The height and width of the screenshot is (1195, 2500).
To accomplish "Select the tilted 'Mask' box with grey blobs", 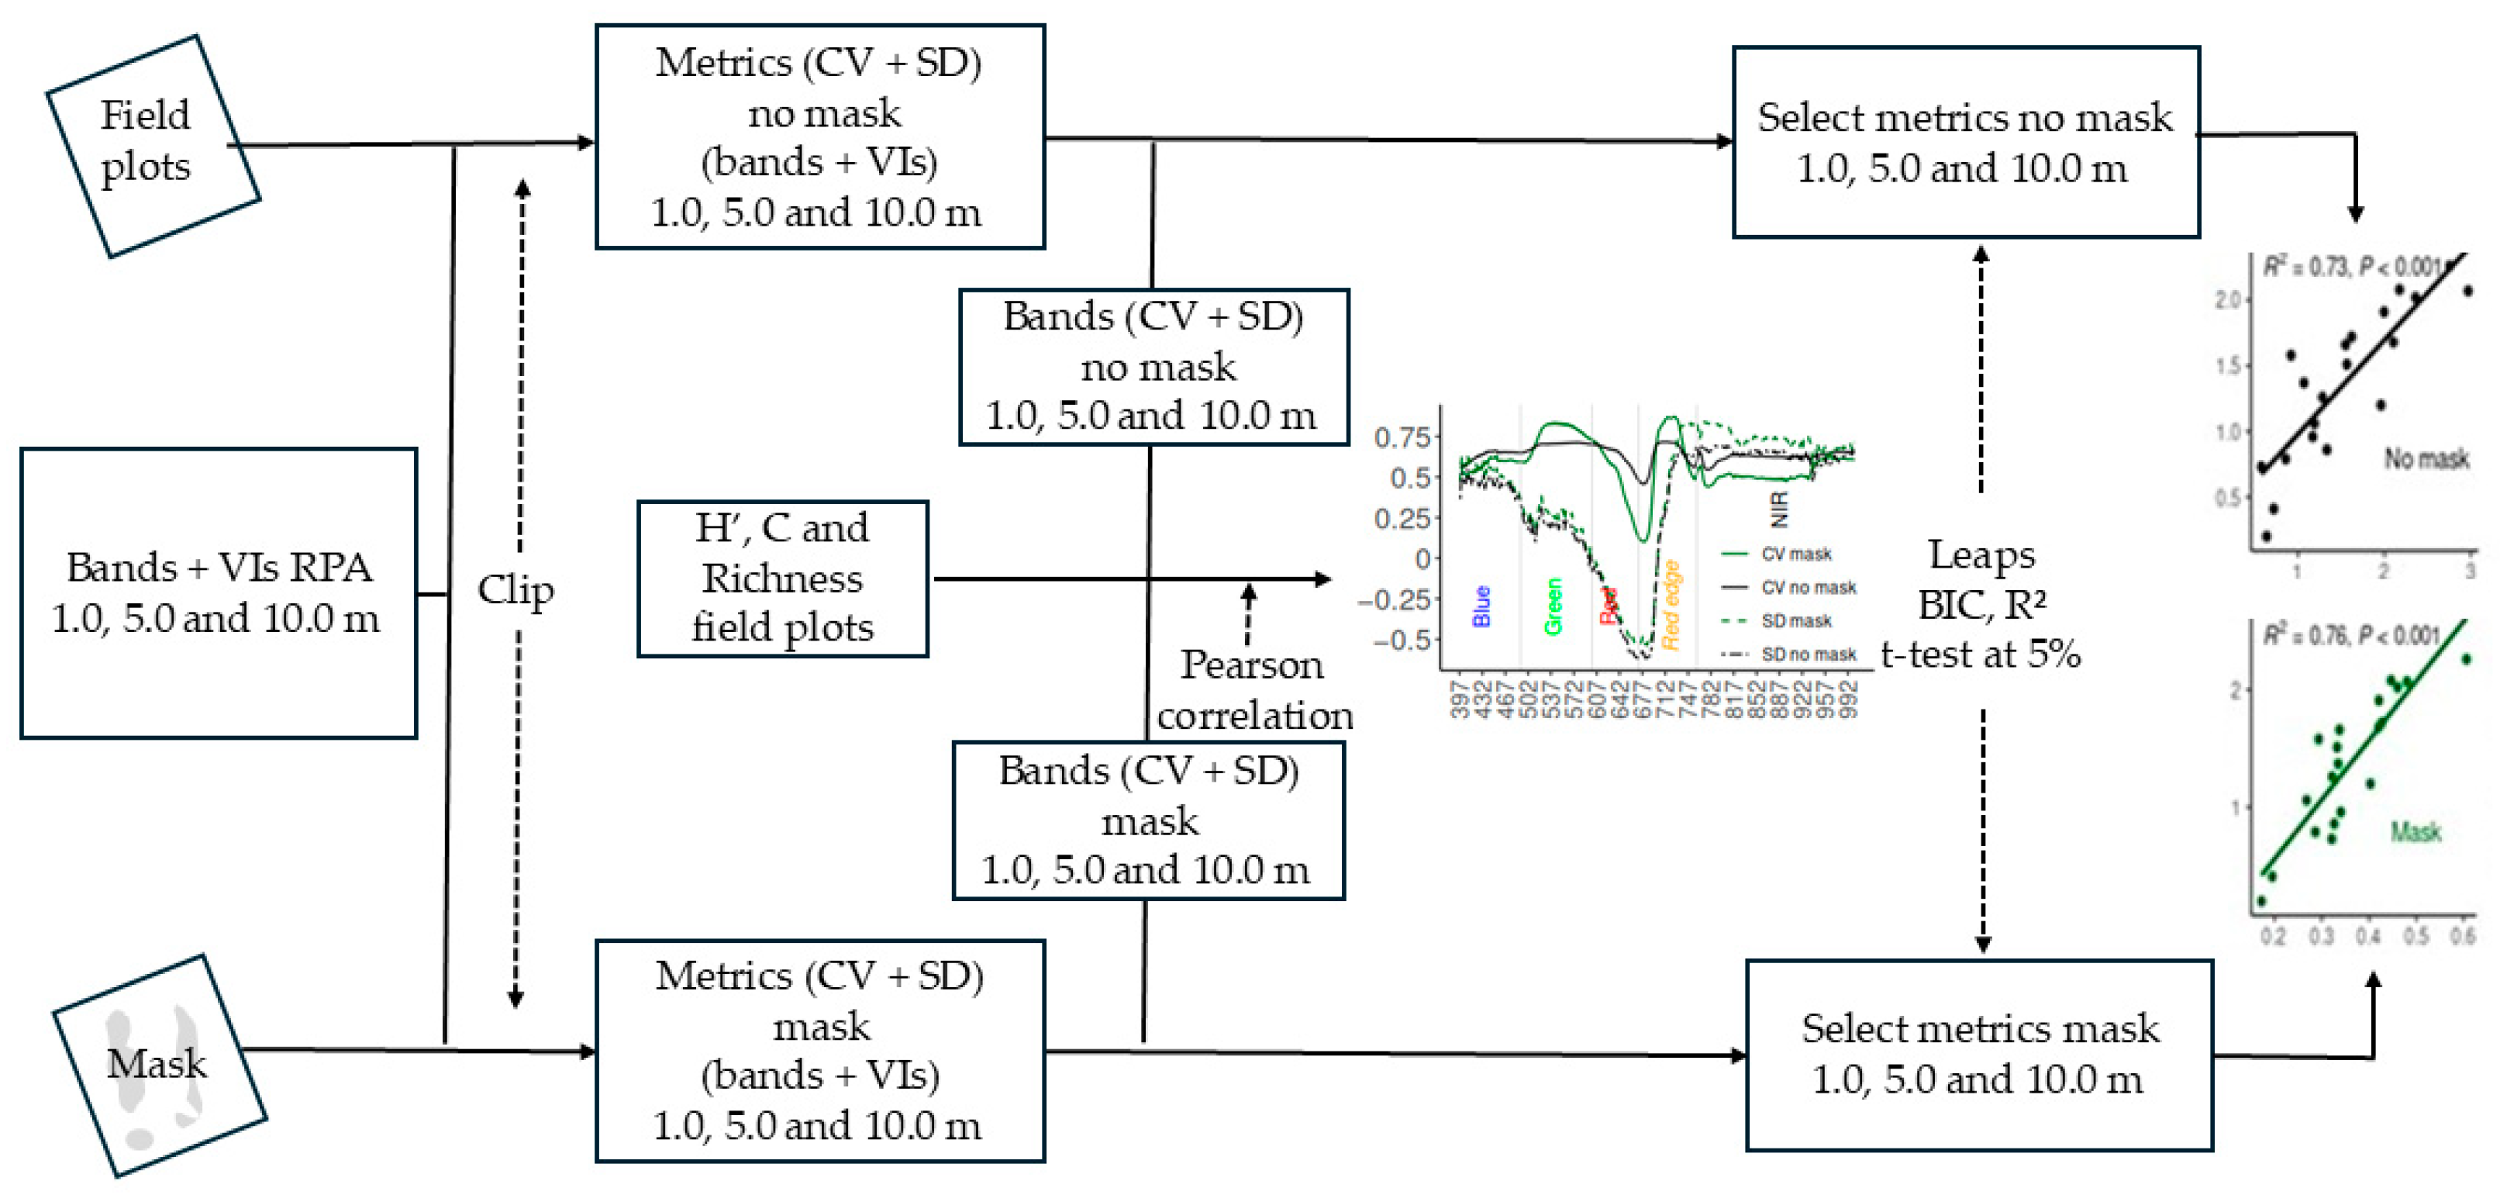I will (x=158, y=1065).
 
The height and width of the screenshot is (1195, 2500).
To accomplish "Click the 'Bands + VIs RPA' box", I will (x=219, y=593).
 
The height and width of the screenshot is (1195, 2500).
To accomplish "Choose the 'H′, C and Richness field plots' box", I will (x=782, y=579).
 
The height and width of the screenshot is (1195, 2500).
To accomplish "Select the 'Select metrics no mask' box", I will (x=1965, y=142).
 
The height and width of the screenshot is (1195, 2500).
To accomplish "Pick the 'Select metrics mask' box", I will (x=1979, y=1055).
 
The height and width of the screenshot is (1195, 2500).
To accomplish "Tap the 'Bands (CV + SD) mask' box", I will (x=1148, y=821).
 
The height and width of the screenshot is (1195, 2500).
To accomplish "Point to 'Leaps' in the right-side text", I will (x=1981, y=555).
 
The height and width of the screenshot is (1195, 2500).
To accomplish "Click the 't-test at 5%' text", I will (x=1981, y=655).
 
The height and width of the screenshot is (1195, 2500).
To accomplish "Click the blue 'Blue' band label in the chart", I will (x=1481, y=606).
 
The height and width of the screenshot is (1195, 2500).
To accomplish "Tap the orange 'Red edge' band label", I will (x=1671, y=605).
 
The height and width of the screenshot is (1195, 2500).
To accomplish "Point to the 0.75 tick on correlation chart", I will (x=1402, y=438).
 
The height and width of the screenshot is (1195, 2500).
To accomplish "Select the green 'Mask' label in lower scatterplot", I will (x=2415, y=832).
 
